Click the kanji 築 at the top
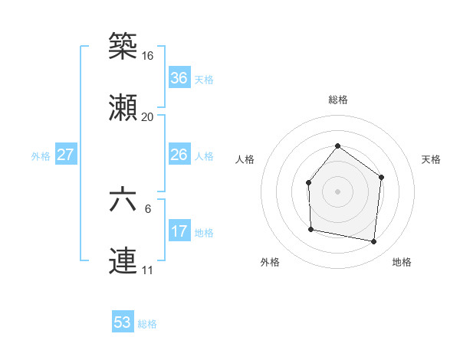pyautogui.click(x=123, y=47)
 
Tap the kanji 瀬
pyautogui.click(x=123, y=107)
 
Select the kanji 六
pyautogui.click(x=123, y=200)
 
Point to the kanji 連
pyautogui.click(x=123, y=260)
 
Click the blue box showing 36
pyautogui.click(x=179, y=78)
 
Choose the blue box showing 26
pyautogui.click(x=179, y=155)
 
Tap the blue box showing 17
pyautogui.click(x=179, y=231)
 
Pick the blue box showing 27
pyautogui.click(x=66, y=155)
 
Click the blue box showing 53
pyautogui.click(x=123, y=322)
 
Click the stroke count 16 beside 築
pyautogui.click(x=147, y=56)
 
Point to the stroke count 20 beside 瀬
pyautogui.click(x=147, y=117)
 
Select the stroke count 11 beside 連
pyautogui.click(x=147, y=270)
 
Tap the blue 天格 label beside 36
pyautogui.click(x=204, y=80)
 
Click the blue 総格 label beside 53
pyautogui.click(x=147, y=324)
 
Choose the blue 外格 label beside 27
pyautogui.click(x=41, y=156)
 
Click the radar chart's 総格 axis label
pyautogui.click(x=337, y=100)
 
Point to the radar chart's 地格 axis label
pyautogui.click(x=402, y=262)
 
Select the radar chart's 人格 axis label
pyautogui.click(x=245, y=159)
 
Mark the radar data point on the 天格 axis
pyautogui.click(x=382, y=177)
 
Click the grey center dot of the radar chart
pyautogui.click(x=337, y=191)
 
